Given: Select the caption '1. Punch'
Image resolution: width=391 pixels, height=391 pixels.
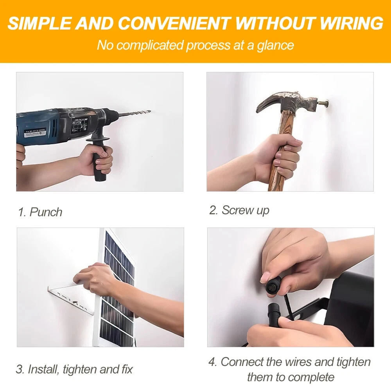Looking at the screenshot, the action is pos(40,212).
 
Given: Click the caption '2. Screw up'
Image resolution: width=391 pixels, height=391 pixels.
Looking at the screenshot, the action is pos(239,210).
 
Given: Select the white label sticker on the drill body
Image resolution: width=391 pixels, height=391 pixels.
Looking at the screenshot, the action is pos(35,133).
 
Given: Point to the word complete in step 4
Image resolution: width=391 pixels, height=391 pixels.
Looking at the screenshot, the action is pos(312,377).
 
